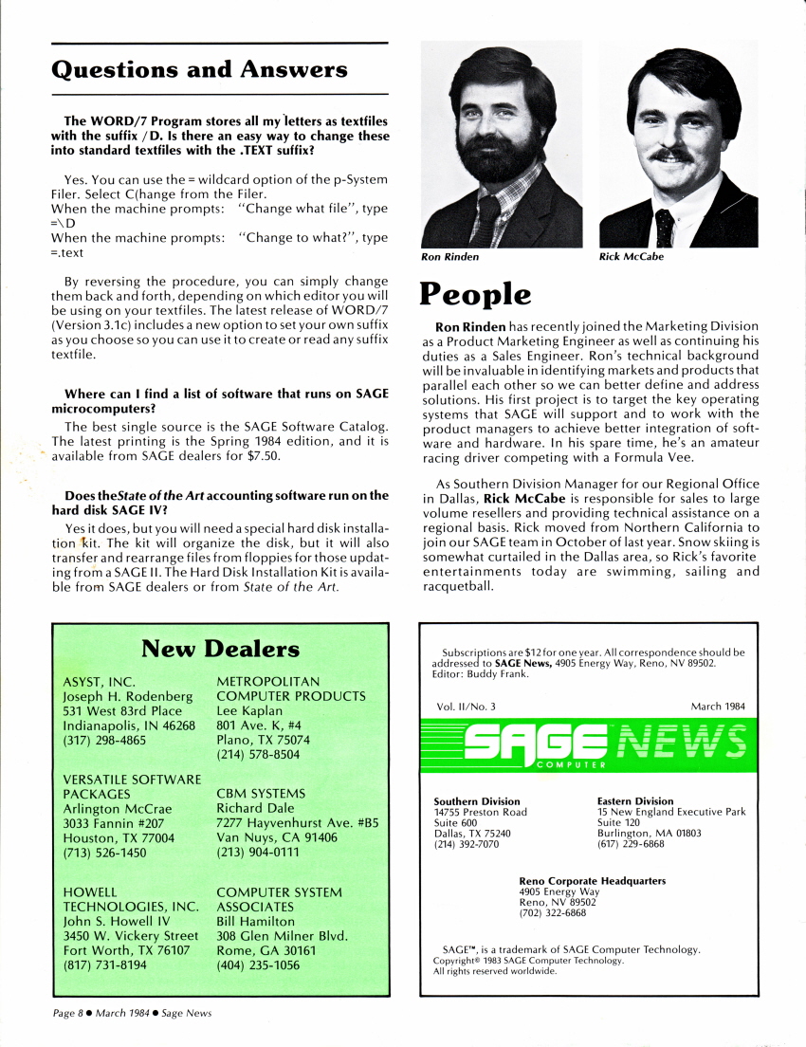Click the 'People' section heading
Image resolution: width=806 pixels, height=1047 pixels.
476,294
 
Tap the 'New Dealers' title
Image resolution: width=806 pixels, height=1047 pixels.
220,649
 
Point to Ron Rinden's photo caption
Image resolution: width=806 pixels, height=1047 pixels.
450,256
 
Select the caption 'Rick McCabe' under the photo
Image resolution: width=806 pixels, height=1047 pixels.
632,256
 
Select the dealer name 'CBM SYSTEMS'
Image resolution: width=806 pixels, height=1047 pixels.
261,793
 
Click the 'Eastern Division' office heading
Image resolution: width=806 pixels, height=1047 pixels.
635,801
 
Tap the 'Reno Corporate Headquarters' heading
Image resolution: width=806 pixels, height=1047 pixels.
592,881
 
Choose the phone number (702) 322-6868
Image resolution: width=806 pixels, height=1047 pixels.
552,913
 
